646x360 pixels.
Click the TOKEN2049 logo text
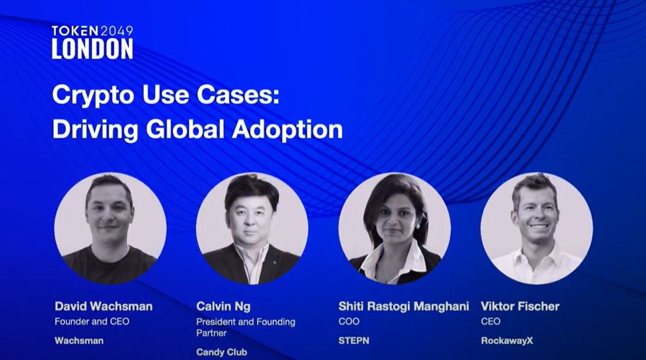tap(93, 31)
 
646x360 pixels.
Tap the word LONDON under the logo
tap(93, 48)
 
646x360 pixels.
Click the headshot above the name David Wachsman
tap(110, 228)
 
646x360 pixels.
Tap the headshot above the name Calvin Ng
tap(252, 228)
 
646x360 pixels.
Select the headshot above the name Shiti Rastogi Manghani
tap(394, 228)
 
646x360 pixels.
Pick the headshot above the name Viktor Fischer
tap(537, 228)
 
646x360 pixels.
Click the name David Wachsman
tap(103, 306)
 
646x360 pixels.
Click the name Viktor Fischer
tap(520, 306)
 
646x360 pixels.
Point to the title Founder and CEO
tap(92, 321)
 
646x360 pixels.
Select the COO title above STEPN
tap(349, 321)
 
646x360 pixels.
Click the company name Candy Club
tap(221, 352)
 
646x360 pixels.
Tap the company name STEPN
tap(353, 341)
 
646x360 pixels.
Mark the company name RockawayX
tap(507, 341)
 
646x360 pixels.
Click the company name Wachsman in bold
tap(79, 341)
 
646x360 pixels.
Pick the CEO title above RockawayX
tap(490, 321)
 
